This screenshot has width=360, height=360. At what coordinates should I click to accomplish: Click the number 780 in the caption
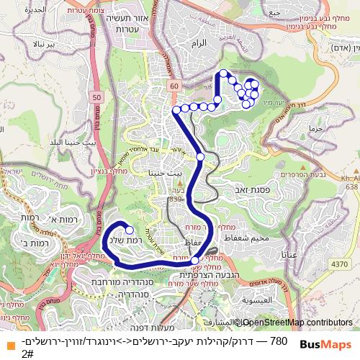point(278,341)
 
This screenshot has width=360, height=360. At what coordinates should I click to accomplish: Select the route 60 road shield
point(174,86)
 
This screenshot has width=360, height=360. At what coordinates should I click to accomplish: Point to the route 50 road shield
point(96,95)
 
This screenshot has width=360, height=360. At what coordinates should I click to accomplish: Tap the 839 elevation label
point(176,198)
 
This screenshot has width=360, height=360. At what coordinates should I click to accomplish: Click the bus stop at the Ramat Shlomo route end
point(130,230)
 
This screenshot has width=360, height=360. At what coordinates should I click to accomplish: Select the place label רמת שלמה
point(122,240)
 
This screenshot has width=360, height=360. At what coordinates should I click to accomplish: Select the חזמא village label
point(315,127)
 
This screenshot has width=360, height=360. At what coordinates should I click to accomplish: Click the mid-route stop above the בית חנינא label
point(201,156)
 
